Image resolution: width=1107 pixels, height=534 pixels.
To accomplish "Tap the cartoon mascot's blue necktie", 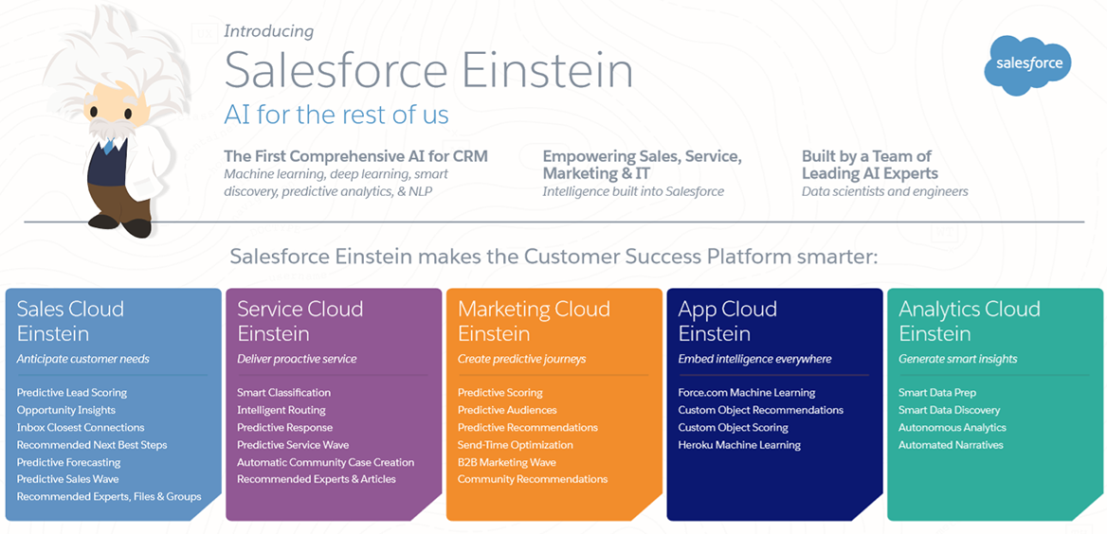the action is [x=108, y=146].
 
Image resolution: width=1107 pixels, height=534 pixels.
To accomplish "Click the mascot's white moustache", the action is [x=107, y=129].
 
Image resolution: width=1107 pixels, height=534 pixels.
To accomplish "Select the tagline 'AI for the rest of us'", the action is [x=336, y=115].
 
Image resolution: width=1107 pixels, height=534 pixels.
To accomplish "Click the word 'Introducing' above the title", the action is [x=268, y=31].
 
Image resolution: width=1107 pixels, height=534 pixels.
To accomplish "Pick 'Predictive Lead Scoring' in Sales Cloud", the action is [x=72, y=393].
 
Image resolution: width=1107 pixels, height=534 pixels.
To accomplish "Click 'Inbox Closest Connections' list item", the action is [x=81, y=427].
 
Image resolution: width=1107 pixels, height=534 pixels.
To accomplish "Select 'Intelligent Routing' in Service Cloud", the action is [x=281, y=411].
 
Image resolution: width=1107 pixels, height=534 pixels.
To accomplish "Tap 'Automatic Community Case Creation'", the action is [x=325, y=463].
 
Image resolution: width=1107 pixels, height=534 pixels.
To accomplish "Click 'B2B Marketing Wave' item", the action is [x=507, y=463].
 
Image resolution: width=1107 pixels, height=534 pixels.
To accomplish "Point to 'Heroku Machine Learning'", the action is [x=739, y=445].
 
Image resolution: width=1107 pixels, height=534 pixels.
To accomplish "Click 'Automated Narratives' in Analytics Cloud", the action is [x=951, y=445].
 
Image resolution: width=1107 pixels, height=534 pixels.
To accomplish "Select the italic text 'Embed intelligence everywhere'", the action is [x=754, y=359].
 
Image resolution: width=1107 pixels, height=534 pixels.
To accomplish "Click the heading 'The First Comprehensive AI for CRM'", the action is [x=355, y=156].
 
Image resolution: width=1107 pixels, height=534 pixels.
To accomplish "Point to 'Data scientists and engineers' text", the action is [x=884, y=191].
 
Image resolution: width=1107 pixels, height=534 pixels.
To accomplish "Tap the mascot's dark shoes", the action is [x=119, y=225].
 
